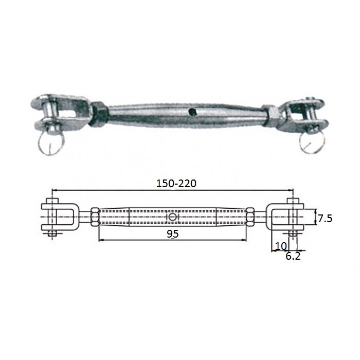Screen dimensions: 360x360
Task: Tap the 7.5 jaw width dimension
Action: [324, 219]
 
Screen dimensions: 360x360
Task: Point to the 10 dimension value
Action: [280, 246]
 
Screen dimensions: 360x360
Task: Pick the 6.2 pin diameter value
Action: [294, 256]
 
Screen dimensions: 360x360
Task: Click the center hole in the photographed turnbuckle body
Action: [191, 111]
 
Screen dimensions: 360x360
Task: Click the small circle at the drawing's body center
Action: [172, 218]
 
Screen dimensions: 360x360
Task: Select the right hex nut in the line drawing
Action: [250, 218]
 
